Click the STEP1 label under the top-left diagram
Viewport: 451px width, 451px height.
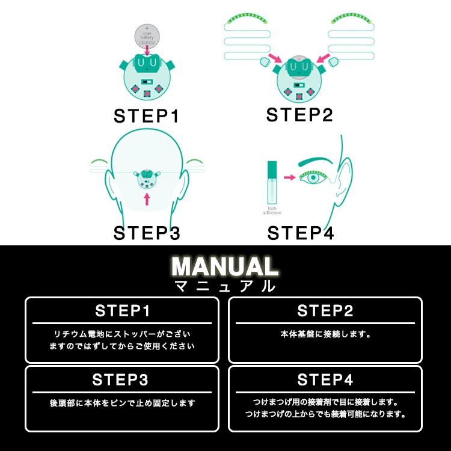[147, 116]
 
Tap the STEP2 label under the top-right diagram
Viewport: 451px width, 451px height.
[299, 114]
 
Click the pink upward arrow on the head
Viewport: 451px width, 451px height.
[146, 199]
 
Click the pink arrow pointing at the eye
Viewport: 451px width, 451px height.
[290, 177]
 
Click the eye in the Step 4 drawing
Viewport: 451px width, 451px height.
[313, 179]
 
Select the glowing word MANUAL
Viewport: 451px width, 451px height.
[225, 266]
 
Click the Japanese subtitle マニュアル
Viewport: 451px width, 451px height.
[225, 286]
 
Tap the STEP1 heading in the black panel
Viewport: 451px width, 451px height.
[122, 311]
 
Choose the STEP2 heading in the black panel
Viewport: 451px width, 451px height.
[325, 311]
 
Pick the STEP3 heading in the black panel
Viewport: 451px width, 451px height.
[122, 380]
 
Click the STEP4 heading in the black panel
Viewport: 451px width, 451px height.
[325, 380]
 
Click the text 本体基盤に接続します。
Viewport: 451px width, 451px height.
[325, 334]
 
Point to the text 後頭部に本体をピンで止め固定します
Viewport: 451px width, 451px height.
[122, 403]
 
